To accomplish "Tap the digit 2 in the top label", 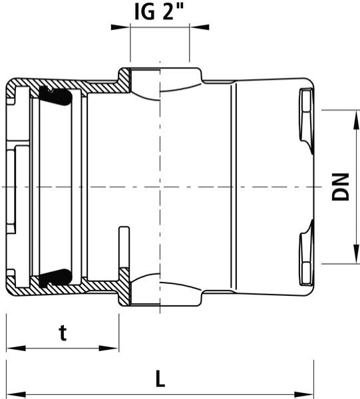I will click(169, 13).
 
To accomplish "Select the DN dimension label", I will click(340, 188).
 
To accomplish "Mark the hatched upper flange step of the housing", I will click(123, 79).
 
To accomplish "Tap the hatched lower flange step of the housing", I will click(123, 293).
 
